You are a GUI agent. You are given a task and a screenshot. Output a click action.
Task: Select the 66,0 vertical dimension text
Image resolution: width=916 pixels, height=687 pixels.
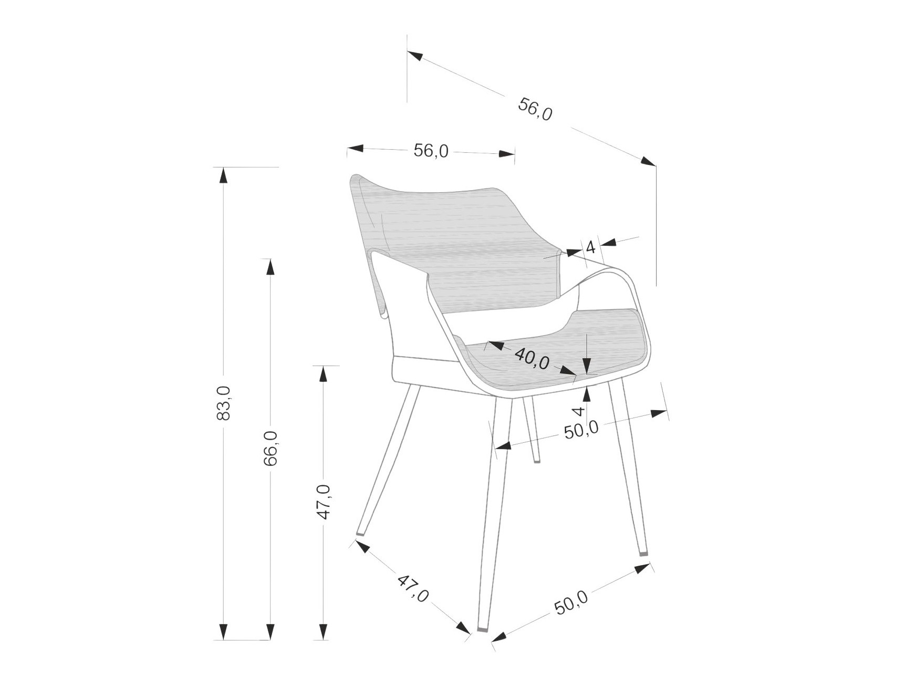(270, 448)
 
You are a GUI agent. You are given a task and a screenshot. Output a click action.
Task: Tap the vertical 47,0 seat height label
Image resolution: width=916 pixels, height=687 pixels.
(324, 502)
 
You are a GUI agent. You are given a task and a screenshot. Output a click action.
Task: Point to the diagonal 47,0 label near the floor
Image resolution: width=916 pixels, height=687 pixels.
(413, 588)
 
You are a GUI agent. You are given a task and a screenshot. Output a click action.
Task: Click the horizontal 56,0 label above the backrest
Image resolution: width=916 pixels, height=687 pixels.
(431, 151)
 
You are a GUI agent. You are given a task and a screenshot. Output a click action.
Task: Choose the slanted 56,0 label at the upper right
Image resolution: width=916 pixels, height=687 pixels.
(535, 109)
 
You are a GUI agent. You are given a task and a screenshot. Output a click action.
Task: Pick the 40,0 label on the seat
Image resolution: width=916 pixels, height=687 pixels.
(532, 358)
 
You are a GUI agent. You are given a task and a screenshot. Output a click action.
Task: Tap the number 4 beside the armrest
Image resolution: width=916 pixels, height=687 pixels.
(590, 246)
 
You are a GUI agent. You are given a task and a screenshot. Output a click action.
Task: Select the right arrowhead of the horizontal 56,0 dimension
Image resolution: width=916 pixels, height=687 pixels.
(507, 154)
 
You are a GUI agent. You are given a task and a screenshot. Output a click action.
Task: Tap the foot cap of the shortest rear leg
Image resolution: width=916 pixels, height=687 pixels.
(537, 462)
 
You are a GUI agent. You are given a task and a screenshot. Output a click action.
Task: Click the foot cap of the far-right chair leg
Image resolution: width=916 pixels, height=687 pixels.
(643, 553)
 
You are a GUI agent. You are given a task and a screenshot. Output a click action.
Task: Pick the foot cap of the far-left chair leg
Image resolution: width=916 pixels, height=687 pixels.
(360, 534)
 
